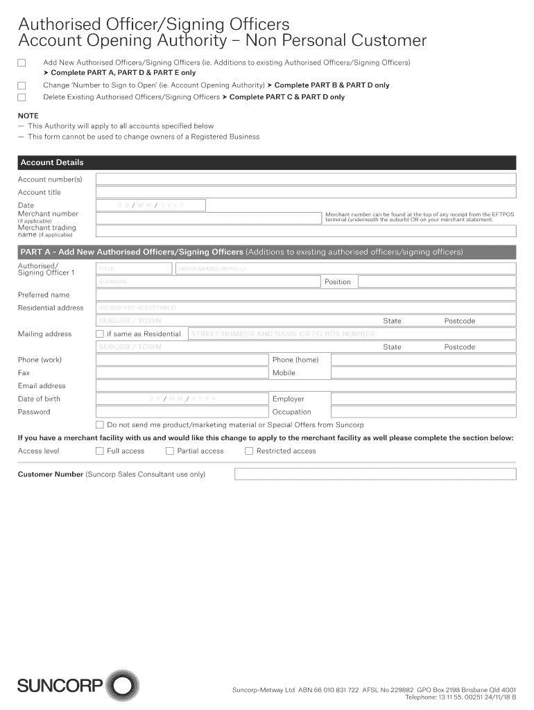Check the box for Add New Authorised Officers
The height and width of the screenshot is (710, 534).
pyautogui.click(x=21, y=63)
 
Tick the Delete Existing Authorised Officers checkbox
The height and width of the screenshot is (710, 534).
pyautogui.click(x=21, y=98)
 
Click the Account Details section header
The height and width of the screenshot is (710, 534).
pyautogui.click(x=267, y=162)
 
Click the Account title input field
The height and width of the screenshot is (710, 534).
pyautogui.click(x=305, y=193)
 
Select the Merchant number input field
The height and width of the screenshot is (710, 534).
pyautogui.click(x=208, y=218)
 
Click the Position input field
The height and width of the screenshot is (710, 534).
pyautogui.click(x=436, y=282)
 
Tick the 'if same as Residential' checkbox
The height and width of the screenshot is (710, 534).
pyautogui.click(x=100, y=334)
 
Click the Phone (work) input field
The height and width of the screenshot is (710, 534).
pyautogui.click(x=182, y=360)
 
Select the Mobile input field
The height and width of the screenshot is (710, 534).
pyautogui.click(x=423, y=373)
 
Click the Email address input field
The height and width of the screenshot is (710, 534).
pyautogui.click(x=305, y=386)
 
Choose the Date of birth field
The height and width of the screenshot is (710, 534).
pyautogui.click(x=182, y=399)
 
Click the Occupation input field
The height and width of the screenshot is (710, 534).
pyautogui.click(x=423, y=413)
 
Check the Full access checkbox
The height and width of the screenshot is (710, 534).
pyautogui.click(x=100, y=451)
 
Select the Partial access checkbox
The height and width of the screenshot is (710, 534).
pyautogui.click(x=170, y=451)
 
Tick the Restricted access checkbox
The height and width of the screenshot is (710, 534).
pyautogui.click(x=249, y=451)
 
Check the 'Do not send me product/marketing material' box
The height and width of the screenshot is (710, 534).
pyautogui.click(x=100, y=425)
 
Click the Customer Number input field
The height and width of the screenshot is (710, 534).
pyautogui.click(x=375, y=474)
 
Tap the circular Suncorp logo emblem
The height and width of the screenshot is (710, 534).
pyautogui.click(x=122, y=686)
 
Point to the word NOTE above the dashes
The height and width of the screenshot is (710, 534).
pyautogui.click(x=28, y=116)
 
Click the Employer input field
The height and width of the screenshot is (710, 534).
pyautogui.click(x=423, y=399)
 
